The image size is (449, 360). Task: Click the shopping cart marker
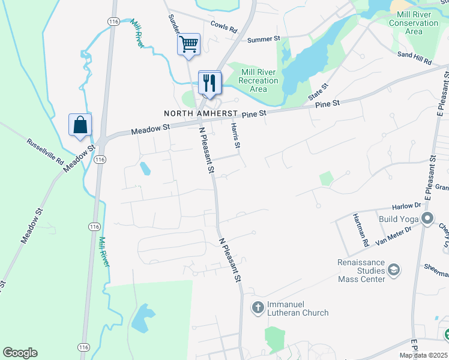click(x=188, y=44)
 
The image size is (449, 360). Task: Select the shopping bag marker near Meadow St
click(x=80, y=125)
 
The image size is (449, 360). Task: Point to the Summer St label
click(x=264, y=39)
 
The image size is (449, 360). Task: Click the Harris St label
click(x=237, y=136)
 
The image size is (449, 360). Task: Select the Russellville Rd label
click(x=45, y=152)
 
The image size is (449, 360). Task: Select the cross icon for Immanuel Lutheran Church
click(x=258, y=308)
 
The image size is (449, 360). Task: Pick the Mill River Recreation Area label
click(x=258, y=80)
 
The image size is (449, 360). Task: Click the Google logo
click(x=20, y=353)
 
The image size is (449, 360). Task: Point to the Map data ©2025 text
click(x=423, y=355)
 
